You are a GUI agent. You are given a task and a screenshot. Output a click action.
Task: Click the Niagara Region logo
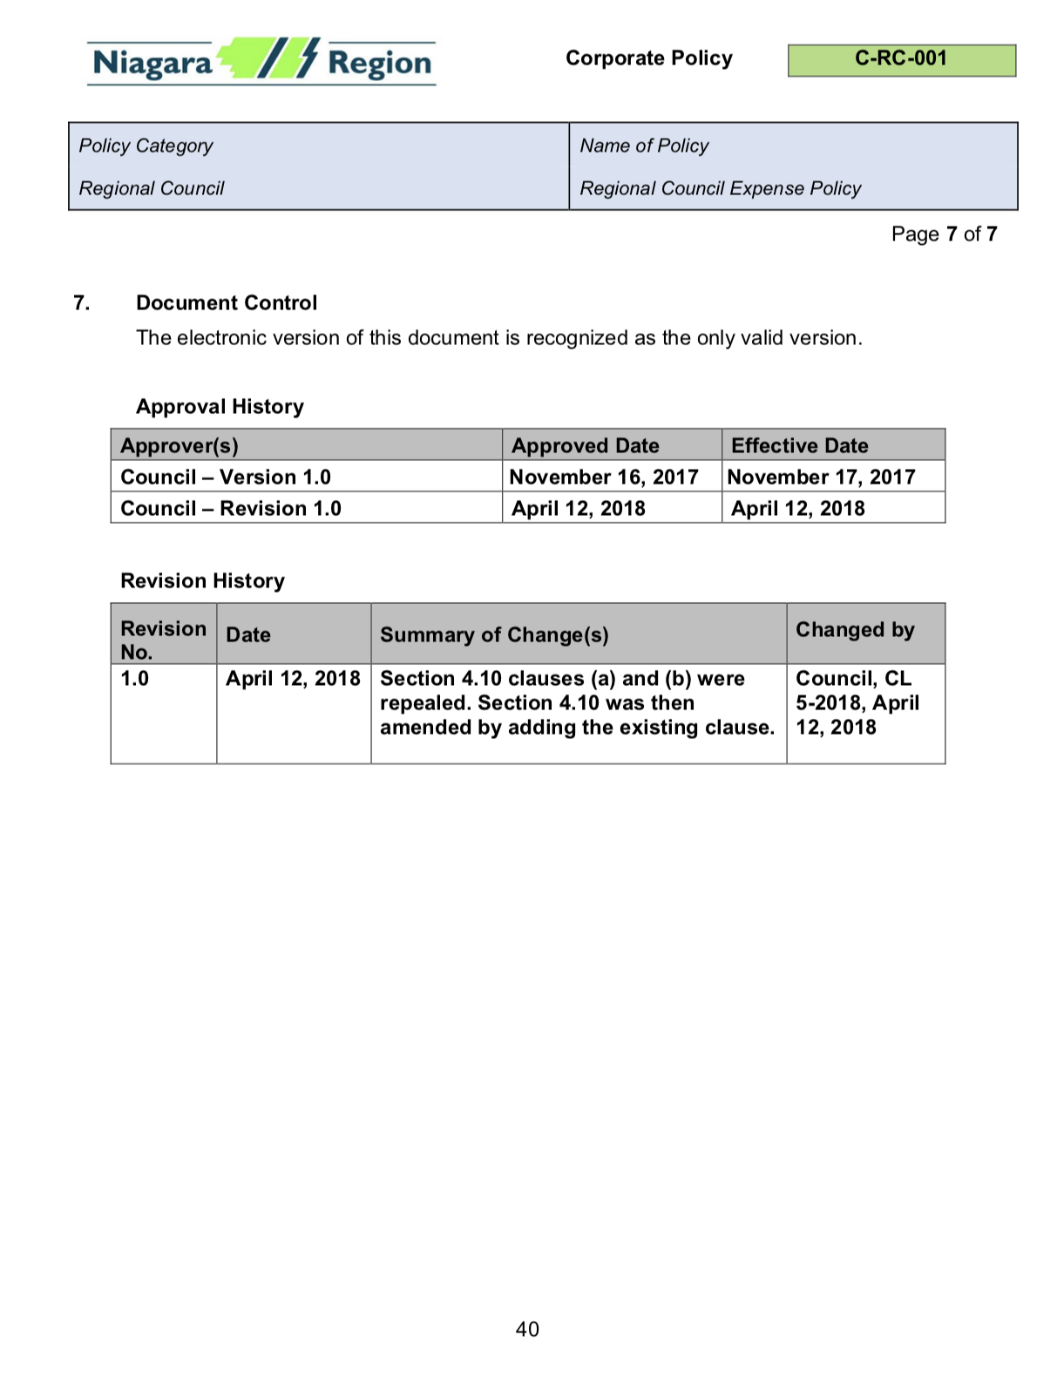click(x=261, y=61)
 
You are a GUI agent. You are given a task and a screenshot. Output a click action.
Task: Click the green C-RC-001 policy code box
click(x=901, y=59)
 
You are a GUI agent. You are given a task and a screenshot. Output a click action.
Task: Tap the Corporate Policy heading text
click(x=648, y=58)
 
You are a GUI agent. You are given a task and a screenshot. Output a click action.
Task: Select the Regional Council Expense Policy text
click(x=720, y=188)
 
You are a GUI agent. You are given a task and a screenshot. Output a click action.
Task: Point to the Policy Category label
click(x=146, y=146)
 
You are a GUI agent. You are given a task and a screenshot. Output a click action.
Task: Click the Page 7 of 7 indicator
click(x=944, y=234)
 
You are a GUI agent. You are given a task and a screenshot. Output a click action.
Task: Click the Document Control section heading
click(x=227, y=302)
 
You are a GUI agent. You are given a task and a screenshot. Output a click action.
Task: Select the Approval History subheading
click(x=220, y=406)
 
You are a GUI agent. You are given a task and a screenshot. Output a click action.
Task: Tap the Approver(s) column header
click(x=180, y=445)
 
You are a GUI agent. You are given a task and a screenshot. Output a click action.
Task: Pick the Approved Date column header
click(x=585, y=445)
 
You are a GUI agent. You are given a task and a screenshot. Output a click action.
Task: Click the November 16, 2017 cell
click(x=604, y=477)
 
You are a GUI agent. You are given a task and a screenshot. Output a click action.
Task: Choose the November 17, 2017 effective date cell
click(x=821, y=477)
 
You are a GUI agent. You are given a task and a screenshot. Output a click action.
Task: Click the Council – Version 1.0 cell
click(x=226, y=477)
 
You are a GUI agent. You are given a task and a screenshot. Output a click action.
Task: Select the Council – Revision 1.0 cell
click(x=231, y=508)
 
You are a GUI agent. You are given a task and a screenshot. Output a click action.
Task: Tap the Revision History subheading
click(x=202, y=580)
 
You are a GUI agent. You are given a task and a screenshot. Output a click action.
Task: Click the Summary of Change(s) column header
click(x=494, y=634)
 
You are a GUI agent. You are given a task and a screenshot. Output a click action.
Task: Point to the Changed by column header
click(x=855, y=629)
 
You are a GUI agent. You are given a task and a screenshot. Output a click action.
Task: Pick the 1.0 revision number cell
click(x=135, y=679)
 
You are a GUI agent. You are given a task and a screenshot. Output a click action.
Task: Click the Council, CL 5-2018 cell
click(x=857, y=702)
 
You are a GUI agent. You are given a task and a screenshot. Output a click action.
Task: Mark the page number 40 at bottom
click(x=527, y=1329)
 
